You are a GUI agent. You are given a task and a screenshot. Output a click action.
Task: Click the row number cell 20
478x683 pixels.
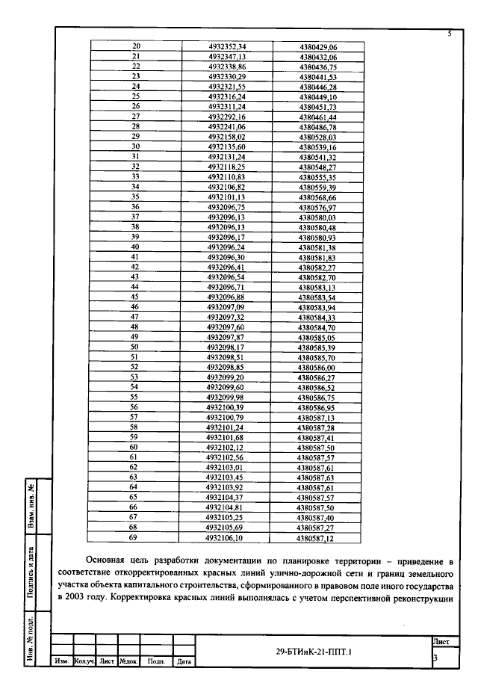pyautogui.click(x=137, y=46)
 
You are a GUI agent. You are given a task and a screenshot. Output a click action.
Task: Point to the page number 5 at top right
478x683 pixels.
pyautogui.click(x=450, y=34)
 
